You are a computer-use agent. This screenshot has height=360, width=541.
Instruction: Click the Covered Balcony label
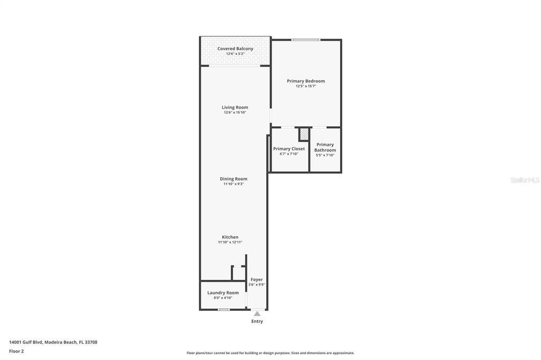coord(235,49)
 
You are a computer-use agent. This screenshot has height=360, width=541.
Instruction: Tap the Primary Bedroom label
coord(306,81)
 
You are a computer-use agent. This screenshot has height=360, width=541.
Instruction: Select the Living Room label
coord(235,107)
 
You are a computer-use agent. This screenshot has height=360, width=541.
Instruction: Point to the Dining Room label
coord(234,178)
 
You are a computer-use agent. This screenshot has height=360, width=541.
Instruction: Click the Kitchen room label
coord(230,237)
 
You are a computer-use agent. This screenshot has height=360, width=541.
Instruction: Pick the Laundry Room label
coord(223,293)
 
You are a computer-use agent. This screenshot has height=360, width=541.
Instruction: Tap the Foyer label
coord(257,280)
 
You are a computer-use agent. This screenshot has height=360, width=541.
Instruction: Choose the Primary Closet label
coord(289,149)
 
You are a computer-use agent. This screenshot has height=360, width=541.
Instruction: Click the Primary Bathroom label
coord(325,147)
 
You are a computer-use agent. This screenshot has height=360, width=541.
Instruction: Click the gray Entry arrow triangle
coord(257,314)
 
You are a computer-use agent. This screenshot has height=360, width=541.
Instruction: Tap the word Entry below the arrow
coord(257,321)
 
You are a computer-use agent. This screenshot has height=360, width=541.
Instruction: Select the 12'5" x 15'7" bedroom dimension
coord(306,86)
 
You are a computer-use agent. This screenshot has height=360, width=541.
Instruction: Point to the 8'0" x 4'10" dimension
coord(223,298)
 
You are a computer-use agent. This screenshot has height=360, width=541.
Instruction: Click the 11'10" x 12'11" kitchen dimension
coord(230,242)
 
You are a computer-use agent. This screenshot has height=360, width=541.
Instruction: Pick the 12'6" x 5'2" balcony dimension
coord(235,54)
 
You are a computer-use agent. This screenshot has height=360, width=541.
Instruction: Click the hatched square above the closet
coord(304,134)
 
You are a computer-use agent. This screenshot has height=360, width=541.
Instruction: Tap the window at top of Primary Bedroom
coord(306,40)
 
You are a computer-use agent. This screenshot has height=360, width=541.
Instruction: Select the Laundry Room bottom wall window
coord(223,309)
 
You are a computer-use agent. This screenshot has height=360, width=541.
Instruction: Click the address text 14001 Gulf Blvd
coord(26,343)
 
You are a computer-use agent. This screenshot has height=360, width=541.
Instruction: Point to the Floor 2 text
coord(16,352)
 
